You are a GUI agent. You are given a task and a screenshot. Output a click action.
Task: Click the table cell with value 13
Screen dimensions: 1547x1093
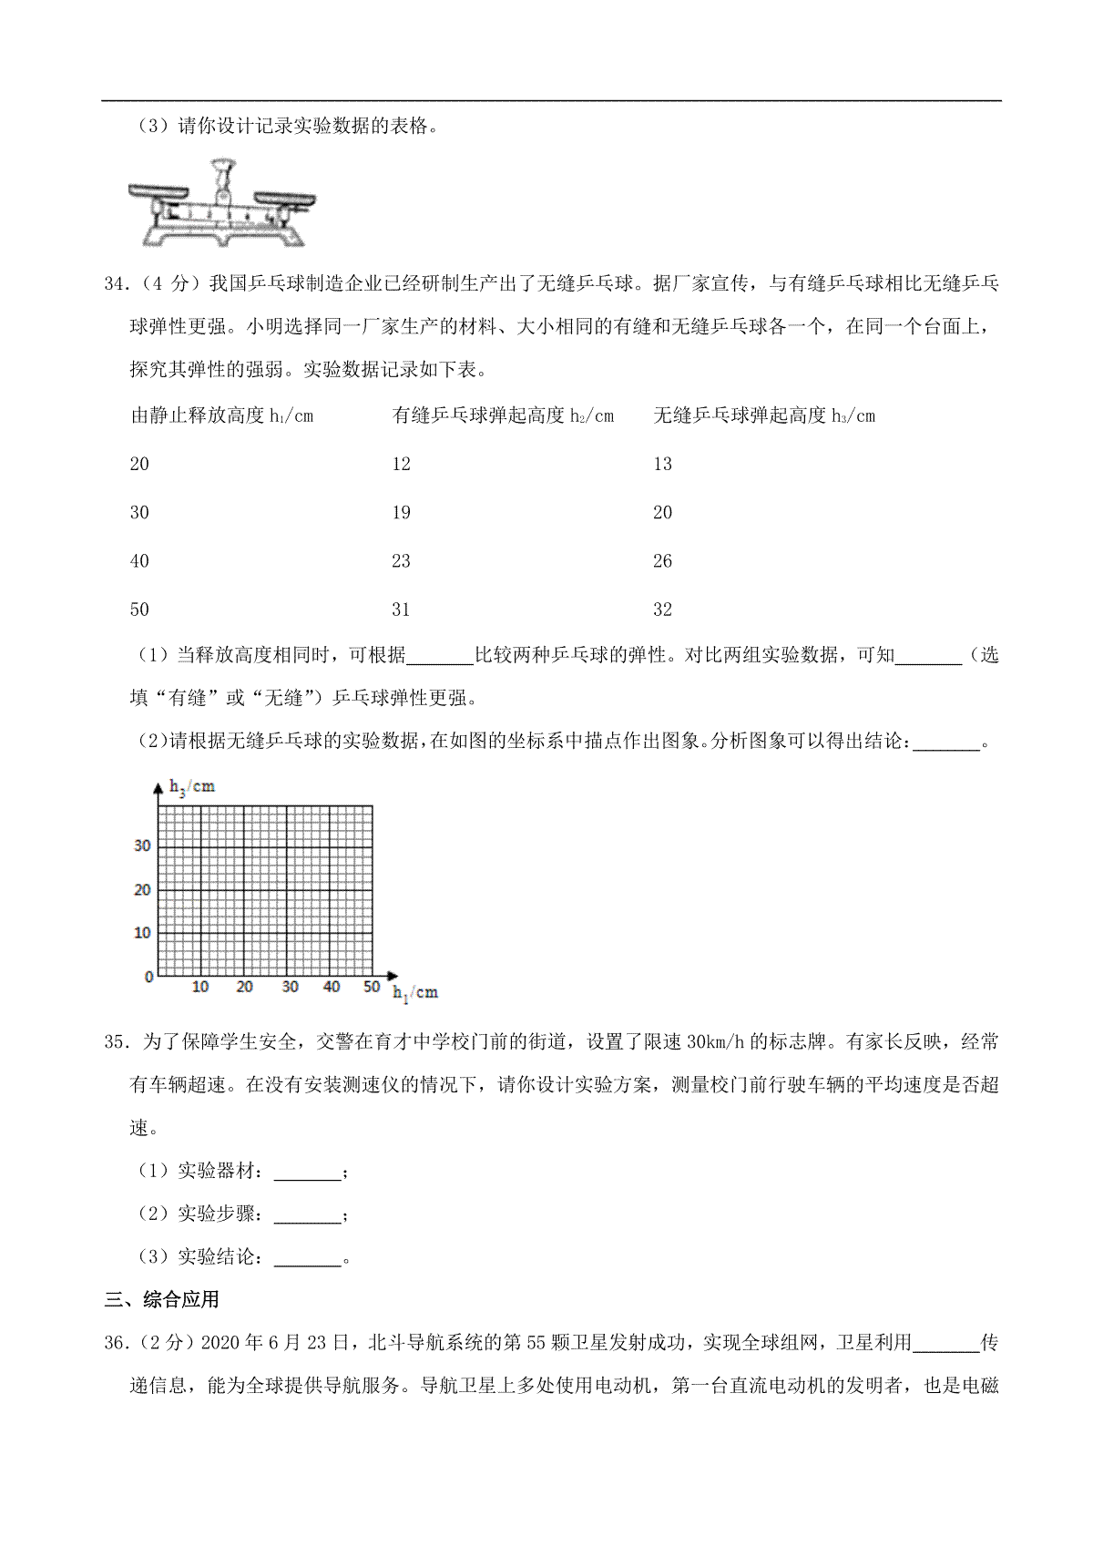pos(662,464)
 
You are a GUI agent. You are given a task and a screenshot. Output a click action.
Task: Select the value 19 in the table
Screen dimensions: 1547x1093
pos(401,512)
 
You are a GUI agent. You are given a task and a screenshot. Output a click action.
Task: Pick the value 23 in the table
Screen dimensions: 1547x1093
pos(401,561)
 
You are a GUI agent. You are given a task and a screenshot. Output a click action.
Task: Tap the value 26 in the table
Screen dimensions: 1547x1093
pos(662,561)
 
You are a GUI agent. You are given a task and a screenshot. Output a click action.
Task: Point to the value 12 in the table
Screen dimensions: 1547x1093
pos(401,464)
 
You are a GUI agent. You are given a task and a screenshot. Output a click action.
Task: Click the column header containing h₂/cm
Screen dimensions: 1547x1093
pos(503,416)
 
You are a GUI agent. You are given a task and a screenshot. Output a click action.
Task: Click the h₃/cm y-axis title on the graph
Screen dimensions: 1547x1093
pos(192,787)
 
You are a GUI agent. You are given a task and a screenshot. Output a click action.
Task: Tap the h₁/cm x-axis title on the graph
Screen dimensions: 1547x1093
pos(415,992)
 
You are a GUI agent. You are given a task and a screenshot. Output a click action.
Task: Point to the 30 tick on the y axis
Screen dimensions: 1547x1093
pos(142,845)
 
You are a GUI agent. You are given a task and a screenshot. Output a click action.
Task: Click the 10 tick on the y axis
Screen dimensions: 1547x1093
pos(142,933)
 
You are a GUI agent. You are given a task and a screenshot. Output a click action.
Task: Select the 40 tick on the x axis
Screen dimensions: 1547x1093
pos(332,987)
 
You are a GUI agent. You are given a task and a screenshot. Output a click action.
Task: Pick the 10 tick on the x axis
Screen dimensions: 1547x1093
pos(200,987)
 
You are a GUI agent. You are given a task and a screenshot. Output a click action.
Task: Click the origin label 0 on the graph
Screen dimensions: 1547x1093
pos(149,977)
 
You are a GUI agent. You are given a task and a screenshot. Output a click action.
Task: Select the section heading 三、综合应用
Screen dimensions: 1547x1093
pos(161,1300)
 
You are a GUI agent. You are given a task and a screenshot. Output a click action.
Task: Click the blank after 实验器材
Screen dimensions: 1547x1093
pos(307,1172)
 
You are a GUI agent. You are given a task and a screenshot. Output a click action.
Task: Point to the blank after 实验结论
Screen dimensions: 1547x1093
pos(307,1258)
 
